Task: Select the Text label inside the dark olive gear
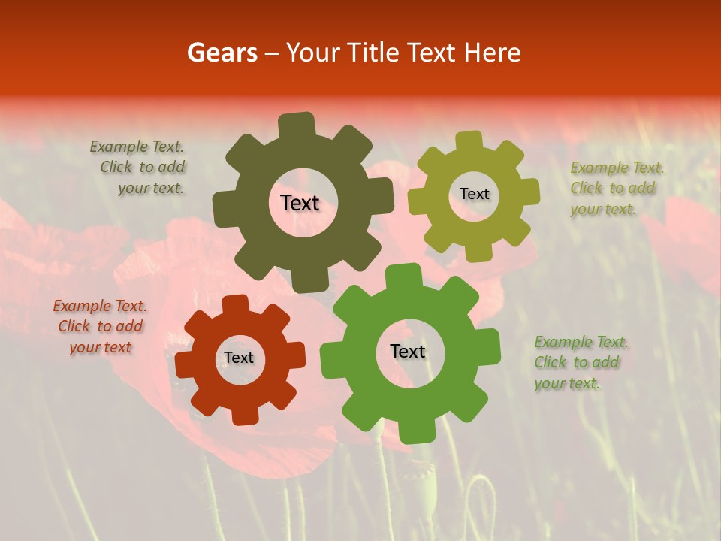(300, 203)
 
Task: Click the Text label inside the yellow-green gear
(474, 194)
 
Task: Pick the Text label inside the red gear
(239, 358)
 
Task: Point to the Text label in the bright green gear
(408, 352)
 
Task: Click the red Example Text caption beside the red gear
(100, 327)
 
